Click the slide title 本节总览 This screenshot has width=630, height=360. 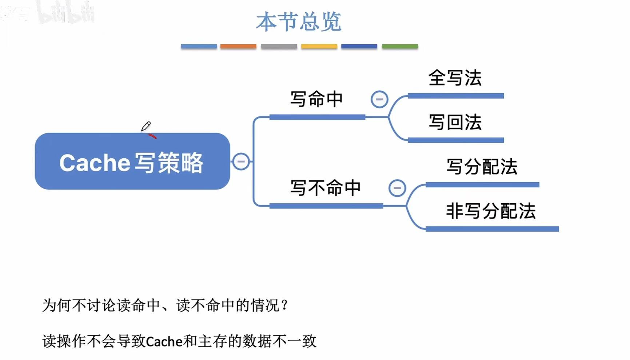pyautogui.click(x=299, y=22)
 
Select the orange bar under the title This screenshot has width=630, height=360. pyautogui.click(x=238, y=47)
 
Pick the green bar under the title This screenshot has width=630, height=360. pyautogui.click(x=400, y=47)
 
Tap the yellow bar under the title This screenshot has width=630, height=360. pyautogui.click(x=319, y=47)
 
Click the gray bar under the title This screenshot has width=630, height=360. pyautogui.click(x=279, y=47)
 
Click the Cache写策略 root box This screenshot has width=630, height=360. pyautogui.click(x=132, y=161)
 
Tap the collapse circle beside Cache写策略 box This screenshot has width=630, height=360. pyautogui.click(x=241, y=161)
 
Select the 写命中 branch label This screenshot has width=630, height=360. pyautogui.click(x=316, y=99)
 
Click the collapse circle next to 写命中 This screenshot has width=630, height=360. pyautogui.click(x=379, y=99)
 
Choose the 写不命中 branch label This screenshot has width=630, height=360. pyautogui.click(x=325, y=188)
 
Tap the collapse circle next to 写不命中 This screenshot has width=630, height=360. pyautogui.click(x=397, y=188)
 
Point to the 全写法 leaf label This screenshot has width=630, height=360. pyautogui.click(x=455, y=78)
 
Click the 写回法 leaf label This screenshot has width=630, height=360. pyautogui.click(x=455, y=122)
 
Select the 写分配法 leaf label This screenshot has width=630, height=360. pyautogui.click(x=482, y=167)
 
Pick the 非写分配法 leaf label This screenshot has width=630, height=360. pyautogui.click(x=491, y=211)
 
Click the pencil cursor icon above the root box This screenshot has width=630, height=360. pyautogui.click(x=146, y=126)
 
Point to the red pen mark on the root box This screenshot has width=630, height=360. pyautogui.click(x=152, y=136)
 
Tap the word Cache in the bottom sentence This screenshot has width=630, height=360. pyautogui.click(x=164, y=341)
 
